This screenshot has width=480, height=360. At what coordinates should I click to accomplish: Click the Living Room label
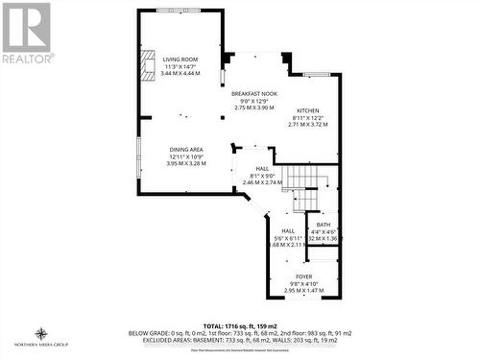pyautogui.click(x=180, y=60)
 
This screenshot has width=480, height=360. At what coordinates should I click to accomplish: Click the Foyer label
pyautogui.click(x=302, y=276)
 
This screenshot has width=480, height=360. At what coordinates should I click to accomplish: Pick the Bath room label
pyautogui.click(x=323, y=224)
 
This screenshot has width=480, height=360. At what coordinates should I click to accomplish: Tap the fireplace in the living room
pyautogui.click(x=147, y=65)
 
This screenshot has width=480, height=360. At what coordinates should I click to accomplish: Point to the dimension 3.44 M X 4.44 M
pyautogui.click(x=180, y=74)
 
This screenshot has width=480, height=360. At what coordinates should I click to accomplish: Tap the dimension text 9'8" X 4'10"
pyautogui.click(x=303, y=282)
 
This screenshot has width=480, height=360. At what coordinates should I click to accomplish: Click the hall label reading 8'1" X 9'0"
pyautogui.click(x=248, y=175)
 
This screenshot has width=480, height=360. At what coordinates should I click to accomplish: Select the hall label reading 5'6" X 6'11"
pyautogui.click(x=287, y=237)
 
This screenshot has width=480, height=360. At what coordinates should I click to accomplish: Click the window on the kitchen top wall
pyautogui.click(x=316, y=74)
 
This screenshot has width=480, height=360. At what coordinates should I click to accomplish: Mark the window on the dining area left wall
pyautogui.click(x=138, y=158)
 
